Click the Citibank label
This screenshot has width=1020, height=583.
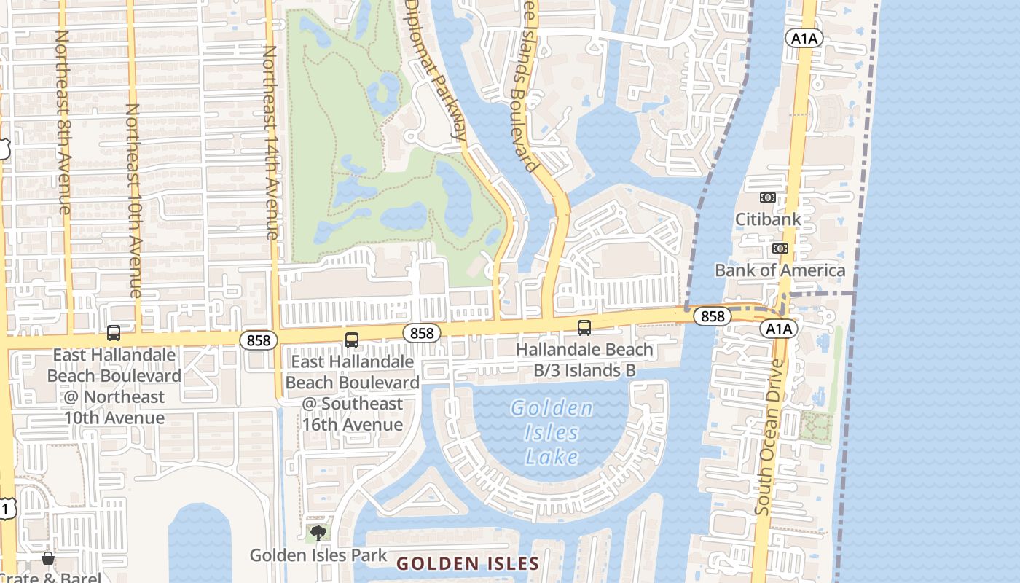click(768, 219)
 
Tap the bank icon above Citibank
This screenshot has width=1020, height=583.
click(767, 197)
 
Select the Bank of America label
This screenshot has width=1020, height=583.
click(780, 270)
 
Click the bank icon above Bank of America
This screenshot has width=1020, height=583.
click(780, 249)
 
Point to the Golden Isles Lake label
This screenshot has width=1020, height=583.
click(552, 432)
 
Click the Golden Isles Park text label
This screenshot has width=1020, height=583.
click(318, 555)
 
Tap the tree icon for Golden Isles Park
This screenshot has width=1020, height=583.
click(318, 533)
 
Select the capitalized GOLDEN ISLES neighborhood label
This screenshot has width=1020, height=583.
click(467, 563)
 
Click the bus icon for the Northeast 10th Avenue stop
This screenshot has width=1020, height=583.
click(114, 333)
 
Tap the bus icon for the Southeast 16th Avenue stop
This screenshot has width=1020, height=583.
click(352, 340)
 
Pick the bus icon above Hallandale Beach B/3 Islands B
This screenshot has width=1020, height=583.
click(584, 328)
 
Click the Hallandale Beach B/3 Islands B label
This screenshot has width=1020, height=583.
click(584, 360)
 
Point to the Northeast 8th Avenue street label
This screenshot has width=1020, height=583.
click(63, 122)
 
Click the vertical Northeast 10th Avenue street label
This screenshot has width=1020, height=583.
click(133, 200)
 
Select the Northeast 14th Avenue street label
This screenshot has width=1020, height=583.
click(270, 142)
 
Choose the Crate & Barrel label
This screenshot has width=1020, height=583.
click(50, 577)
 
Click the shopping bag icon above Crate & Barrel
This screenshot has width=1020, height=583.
click(48, 558)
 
